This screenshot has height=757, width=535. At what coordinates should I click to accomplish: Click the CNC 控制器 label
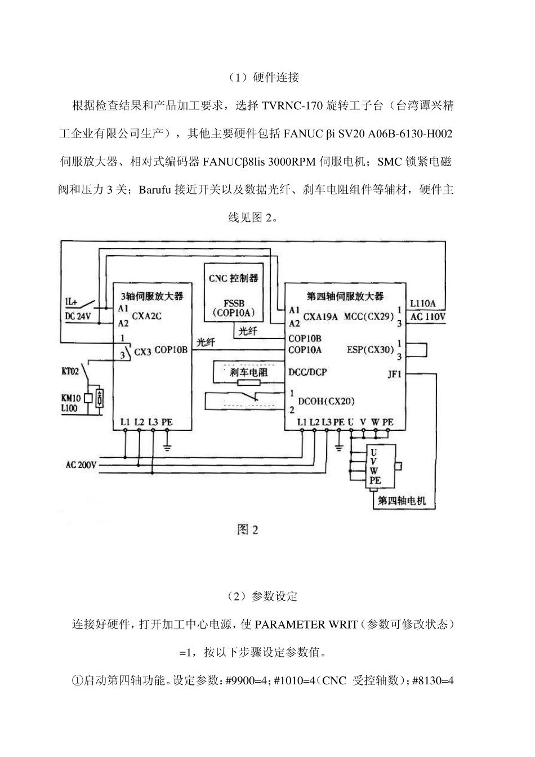(x=233, y=278)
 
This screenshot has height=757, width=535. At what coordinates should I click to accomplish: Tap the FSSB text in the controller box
(x=234, y=303)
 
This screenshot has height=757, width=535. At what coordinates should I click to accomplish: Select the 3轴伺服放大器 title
(x=152, y=296)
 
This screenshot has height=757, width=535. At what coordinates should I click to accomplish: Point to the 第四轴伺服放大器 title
(x=345, y=296)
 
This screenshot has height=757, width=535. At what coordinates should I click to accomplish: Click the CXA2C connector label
(x=146, y=316)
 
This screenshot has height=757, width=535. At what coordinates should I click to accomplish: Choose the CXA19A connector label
(x=320, y=317)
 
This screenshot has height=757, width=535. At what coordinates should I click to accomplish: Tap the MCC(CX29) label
(x=369, y=317)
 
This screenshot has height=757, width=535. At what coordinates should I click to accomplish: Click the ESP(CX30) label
(x=371, y=349)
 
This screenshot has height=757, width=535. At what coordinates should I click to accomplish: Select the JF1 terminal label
(x=394, y=374)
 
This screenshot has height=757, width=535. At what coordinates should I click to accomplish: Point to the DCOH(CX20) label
(x=326, y=401)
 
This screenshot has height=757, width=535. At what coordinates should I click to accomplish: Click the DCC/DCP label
(x=307, y=372)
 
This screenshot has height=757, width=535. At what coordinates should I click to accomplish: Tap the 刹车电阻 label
(x=249, y=372)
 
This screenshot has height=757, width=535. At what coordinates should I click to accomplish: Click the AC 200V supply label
(x=81, y=465)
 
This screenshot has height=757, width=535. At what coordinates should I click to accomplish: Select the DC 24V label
(x=78, y=317)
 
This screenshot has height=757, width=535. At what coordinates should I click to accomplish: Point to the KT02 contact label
(x=70, y=371)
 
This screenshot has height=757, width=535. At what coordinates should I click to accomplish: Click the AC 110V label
(x=428, y=317)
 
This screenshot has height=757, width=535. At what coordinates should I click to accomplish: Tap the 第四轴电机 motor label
(x=402, y=501)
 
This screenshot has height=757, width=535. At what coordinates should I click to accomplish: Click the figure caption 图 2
(x=247, y=529)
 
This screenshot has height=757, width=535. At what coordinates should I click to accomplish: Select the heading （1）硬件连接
(x=264, y=77)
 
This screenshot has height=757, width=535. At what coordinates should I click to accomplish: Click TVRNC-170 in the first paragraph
(x=293, y=106)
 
